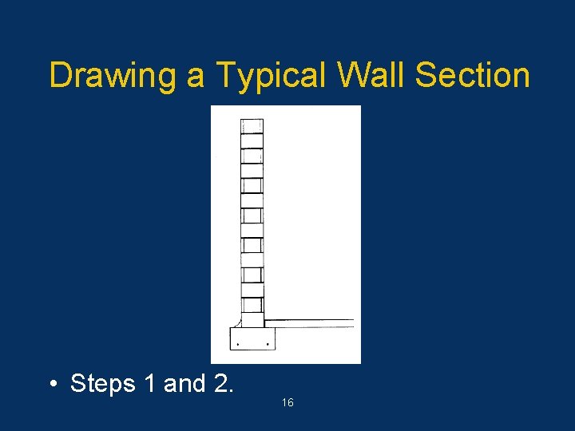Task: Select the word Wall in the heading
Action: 371,75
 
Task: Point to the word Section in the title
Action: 473,75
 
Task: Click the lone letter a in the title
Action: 196,78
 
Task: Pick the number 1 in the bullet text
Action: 151,384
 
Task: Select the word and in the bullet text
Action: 184,384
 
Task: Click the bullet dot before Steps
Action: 52,385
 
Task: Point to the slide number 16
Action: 287,403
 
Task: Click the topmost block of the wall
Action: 252,126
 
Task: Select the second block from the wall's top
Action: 252,141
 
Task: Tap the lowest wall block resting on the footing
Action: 252,319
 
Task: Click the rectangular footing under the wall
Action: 252,338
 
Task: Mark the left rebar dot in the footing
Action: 238,344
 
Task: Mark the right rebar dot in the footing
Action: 267,344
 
